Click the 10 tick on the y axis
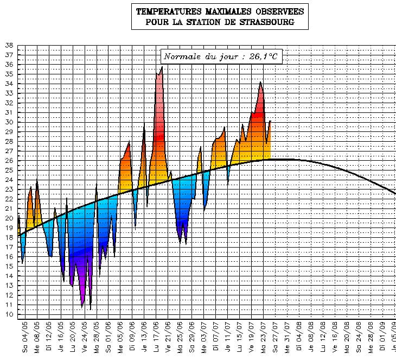click(9, 314)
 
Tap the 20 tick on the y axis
click(9, 218)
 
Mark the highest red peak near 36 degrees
click(162, 68)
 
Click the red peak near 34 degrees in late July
click(261, 83)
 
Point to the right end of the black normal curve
click(395, 193)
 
